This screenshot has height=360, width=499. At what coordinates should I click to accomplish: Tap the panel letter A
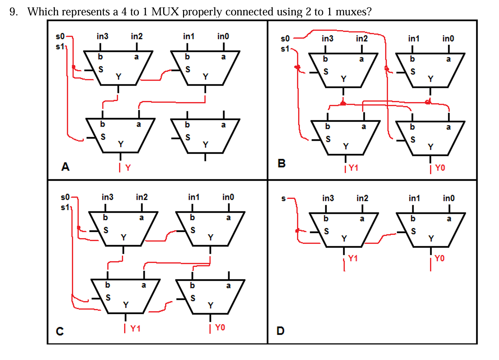point(65,167)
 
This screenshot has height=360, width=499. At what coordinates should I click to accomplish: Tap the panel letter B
point(282,163)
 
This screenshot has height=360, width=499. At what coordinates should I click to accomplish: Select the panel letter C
point(60,331)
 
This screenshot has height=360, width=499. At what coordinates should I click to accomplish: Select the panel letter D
point(281,331)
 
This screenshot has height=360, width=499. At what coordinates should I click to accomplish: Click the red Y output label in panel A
point(128,168)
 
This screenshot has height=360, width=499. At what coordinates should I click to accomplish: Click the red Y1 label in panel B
point(353,168)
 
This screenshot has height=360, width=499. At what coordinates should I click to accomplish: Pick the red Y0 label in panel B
point(440,168)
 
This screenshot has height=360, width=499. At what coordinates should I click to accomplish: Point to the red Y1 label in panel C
point(135,329)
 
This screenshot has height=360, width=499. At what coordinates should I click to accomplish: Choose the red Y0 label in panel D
point(440,258)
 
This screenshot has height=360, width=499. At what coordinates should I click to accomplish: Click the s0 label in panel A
point(60,36)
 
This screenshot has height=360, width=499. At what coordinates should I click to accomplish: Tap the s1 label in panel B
point(285,49)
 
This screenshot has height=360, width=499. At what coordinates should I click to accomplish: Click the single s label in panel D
point(283,199)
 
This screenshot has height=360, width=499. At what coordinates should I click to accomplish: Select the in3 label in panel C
point(107,197)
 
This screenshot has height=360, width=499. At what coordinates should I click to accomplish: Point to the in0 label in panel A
point(223,36)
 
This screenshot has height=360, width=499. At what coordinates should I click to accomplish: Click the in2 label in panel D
point(362,198)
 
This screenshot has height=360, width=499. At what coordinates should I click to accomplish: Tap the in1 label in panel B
point(413,38)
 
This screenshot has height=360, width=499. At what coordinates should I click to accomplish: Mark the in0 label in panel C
point(228,197)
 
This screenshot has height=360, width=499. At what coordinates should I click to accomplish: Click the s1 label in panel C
point(65,207)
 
